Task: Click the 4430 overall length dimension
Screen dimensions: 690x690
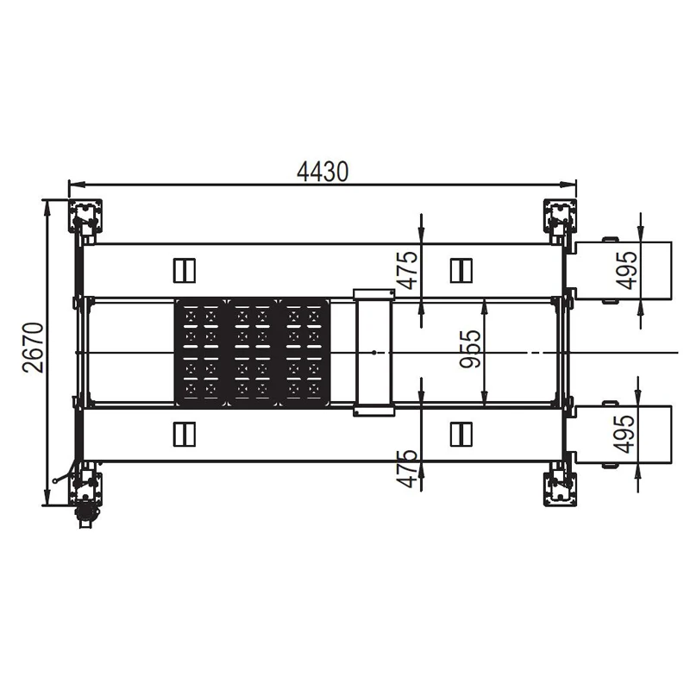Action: tap(323, 172)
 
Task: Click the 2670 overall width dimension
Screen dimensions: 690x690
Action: tap(34, 348)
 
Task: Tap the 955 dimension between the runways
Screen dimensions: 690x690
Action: tap(470, 348)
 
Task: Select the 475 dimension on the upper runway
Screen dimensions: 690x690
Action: tap(407, 270)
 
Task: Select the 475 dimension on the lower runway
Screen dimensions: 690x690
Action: tap(407, 468)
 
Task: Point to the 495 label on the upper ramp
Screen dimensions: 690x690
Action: tap(626, 270)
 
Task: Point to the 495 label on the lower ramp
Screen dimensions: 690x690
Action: tap(624, 434)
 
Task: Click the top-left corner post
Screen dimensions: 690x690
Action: tap(85, 216)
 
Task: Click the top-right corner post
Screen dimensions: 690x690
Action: tap(560, 216)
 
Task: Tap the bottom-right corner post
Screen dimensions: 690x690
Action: tap(560, 489)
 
